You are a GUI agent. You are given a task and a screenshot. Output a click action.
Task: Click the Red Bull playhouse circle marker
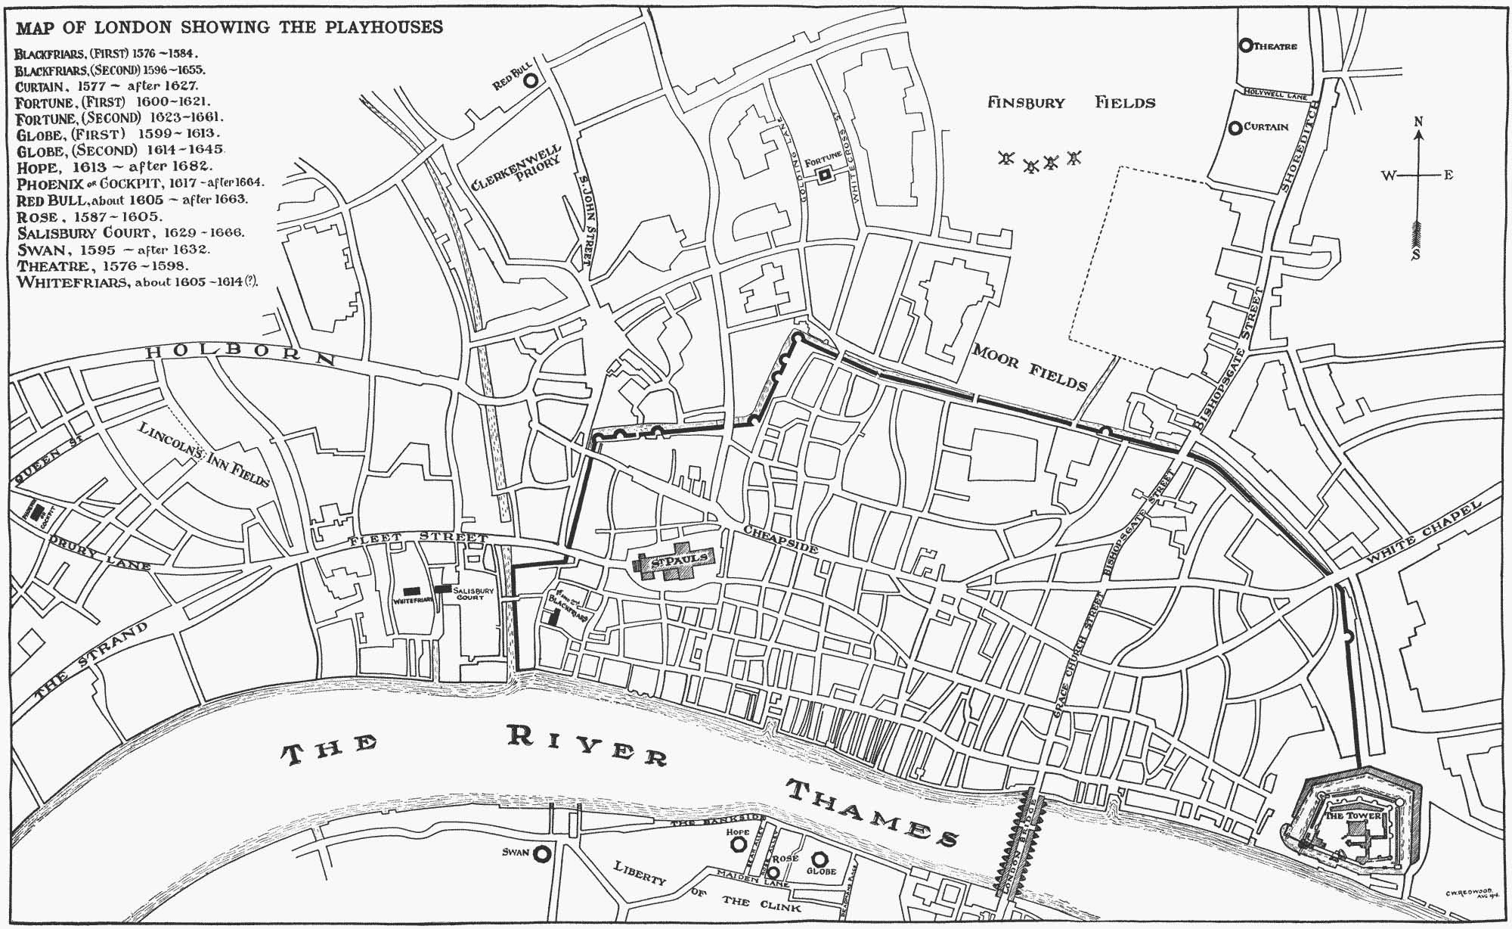click(531, 79)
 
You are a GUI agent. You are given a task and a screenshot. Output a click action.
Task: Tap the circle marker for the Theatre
click(1245, 45)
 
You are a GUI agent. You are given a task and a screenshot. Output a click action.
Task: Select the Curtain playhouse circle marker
click(1235, 127)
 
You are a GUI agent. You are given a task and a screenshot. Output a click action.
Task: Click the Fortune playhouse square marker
click(825, 175)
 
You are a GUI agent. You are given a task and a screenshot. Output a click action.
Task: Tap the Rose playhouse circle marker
click(773, 871)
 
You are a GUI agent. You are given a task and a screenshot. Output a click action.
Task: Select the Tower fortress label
click(1353, 816)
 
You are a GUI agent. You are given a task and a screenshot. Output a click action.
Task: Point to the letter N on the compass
click(1418, 122)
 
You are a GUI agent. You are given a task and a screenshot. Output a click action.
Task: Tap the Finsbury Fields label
click(1070, 102)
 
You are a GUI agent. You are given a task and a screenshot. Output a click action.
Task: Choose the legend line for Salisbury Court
click(131, 233)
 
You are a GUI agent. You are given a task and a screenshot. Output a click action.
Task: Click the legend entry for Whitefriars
click(137, 282)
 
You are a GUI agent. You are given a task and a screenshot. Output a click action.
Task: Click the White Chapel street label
click(1424, 533)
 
